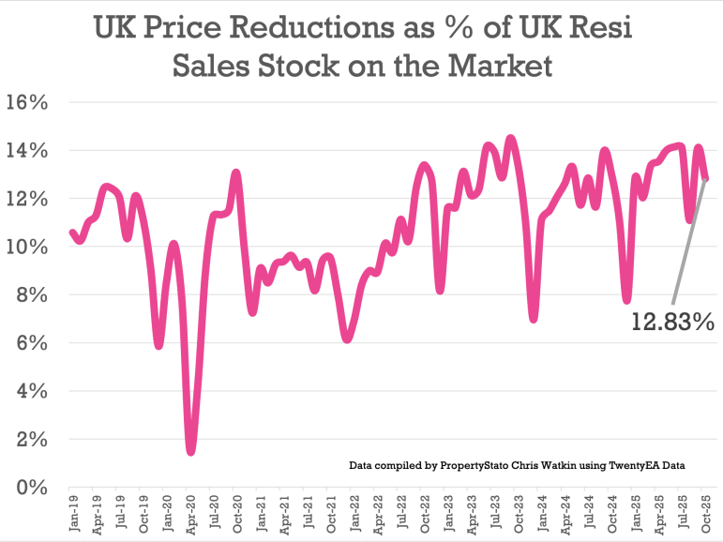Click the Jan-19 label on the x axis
pyautogui.click(x=73, y=517)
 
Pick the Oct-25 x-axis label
pyautogui.click(x=705, y=517)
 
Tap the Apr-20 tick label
pyautogui.click(x=191, y=517)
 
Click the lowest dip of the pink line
pyautogui.click(x=191, y=452)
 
